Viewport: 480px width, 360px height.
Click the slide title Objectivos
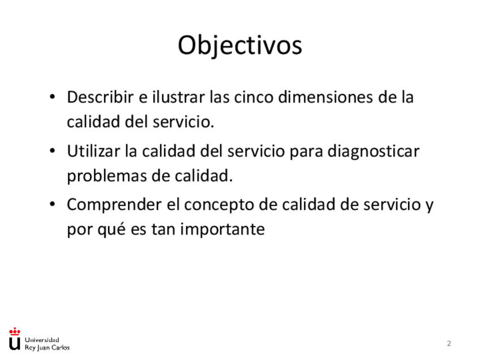pyautogui.click(x=240, y=46)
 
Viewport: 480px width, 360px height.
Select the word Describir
pyautogui.click(x=100, y=97)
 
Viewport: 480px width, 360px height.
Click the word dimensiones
pyautogui.click(x=325, y=97)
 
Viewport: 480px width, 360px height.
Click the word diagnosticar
pyautogui.click(x=373, y=152)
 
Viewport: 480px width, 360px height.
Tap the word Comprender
pyautogui.click(x=114, y=205)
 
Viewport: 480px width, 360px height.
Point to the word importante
pyautogui.click(x=222, y=229)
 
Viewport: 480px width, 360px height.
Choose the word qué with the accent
pyautogui.click(x=112, y=229)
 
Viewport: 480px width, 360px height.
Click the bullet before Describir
pyautogui.click(x=52, y=97)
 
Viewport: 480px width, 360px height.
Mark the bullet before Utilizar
pyautogui.click(x=52, y=151)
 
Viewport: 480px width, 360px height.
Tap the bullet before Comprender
pyautogui.click(x=52, y=204)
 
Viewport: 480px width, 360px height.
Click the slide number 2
pyautogui.click(x=449, y=344)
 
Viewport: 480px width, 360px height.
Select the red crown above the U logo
pyautogui.click(x=14, y=332)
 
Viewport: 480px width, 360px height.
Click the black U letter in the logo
pyautogui.click(x=14, y=344)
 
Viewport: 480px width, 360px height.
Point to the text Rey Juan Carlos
pyautogui.click(x=47, y=348)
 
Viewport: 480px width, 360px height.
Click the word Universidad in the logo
pyautogui.click(x=42, y=340)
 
